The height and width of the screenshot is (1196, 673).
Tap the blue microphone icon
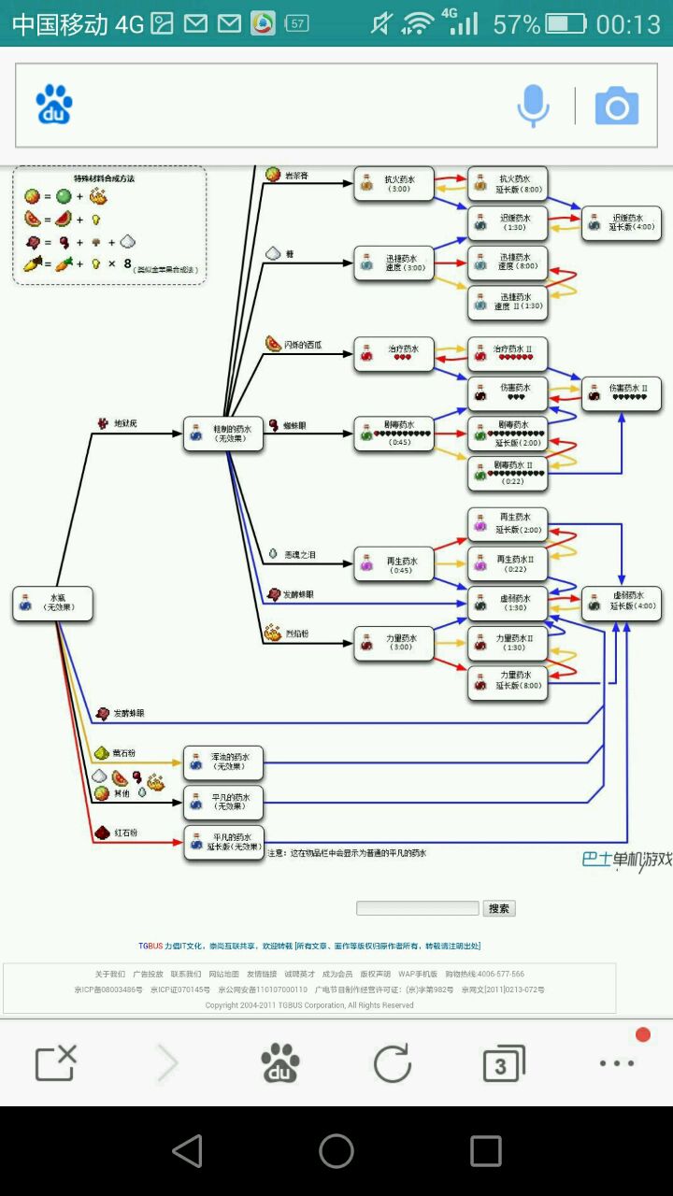point(534,106)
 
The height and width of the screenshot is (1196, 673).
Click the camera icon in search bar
point(617,107)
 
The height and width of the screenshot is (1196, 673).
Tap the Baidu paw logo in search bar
point(54,105)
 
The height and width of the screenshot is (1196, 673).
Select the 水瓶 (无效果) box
point(53,603)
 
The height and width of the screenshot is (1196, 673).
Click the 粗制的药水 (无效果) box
point(223,433)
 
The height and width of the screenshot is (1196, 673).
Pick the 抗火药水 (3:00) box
point(394,184)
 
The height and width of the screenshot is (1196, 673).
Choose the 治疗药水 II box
point(508,353)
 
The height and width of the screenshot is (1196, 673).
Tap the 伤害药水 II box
point(622,392)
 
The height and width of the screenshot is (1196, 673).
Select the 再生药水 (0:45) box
point(394,564)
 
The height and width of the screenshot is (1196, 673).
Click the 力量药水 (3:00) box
point(394,643)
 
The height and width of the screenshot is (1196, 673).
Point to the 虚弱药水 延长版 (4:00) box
point(622,603)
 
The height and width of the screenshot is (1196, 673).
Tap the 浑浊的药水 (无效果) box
point(223,762)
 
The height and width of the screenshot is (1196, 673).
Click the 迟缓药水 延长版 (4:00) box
point(622,223)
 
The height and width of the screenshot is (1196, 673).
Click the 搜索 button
point(499,908)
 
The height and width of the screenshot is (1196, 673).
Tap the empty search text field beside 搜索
point(417,908)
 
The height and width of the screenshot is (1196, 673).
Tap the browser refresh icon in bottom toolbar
point(393,1063)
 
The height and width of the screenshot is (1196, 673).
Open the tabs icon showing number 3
point(503,1064)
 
